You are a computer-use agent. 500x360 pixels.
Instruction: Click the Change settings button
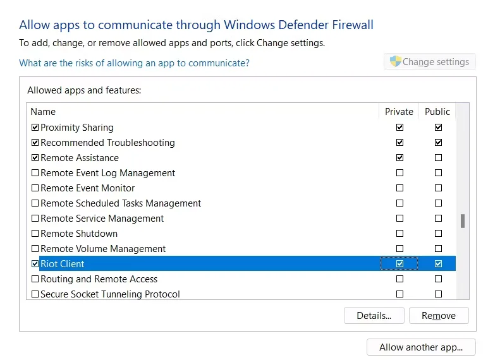(430, 61)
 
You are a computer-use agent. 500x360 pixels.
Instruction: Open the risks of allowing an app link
(134, 63)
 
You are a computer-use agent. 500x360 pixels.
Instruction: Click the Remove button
(439, 315)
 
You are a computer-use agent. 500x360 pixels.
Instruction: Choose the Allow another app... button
(421, 347)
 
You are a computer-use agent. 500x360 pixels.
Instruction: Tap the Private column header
(399, 112)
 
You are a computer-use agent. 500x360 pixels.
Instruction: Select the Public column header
(437, 112)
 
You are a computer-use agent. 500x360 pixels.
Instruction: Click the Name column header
(43, 112)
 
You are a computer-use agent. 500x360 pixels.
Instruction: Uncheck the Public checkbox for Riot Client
(438, 264)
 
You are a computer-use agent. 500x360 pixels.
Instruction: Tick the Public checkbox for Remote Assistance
(438, 158)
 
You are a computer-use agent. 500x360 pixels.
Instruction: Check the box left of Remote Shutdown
(35, 234)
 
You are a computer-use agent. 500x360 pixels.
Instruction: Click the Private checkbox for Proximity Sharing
(399, 128)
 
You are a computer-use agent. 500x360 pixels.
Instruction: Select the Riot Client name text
(62, 264)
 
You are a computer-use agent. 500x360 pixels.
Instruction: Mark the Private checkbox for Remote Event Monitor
(399, 188)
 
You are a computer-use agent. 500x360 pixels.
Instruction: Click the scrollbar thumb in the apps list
(462, 221)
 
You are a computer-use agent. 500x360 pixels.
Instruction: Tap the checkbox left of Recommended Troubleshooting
(35, 142)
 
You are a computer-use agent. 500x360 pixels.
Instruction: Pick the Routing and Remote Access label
(99, 279)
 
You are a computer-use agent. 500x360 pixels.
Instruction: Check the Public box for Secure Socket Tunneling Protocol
(438, 294)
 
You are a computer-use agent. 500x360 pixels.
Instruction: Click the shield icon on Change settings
(396, 61)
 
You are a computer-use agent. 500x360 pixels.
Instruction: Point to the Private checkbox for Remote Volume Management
(399, 248)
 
